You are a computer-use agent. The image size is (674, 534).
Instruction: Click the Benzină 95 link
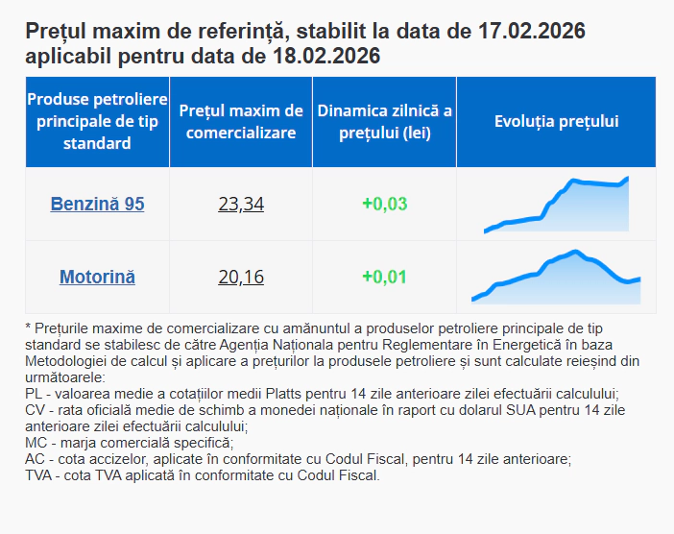[97, 204]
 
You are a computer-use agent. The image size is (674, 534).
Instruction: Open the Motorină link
[97, 278]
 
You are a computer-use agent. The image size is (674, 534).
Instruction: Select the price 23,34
[240, 204]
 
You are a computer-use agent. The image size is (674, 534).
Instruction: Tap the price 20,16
[240, 278]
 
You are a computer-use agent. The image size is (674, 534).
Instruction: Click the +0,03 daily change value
[384, 204]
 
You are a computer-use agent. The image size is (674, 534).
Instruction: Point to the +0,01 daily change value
[384, 278]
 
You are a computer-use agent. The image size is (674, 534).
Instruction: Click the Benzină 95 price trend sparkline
[557, 205]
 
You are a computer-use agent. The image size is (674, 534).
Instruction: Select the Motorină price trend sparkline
[555, 278]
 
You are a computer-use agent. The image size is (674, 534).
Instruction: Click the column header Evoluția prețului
[556, 122]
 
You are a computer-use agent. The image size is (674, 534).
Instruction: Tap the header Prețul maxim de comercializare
[240, 122]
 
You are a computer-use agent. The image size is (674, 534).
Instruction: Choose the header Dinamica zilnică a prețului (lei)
[384, 122]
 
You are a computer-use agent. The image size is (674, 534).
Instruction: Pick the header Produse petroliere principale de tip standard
[97, 122]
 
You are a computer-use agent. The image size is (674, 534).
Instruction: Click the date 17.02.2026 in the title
[531, 32]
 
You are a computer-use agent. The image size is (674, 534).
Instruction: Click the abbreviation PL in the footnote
[34, 394]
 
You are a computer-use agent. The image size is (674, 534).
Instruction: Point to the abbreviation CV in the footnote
[35, 410]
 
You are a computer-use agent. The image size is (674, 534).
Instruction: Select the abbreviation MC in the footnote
[36, 443]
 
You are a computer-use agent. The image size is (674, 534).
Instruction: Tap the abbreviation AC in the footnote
[35, 459]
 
